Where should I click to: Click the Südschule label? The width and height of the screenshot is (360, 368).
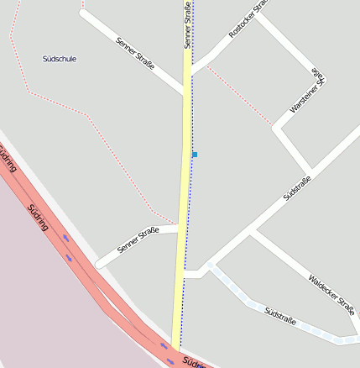(60, 59)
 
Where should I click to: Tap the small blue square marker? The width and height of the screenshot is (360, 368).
(195, 155)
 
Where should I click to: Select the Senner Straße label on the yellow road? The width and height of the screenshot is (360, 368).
(187, 26)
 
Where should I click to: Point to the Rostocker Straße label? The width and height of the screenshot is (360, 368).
(248, 19)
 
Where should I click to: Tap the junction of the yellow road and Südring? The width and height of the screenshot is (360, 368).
(175, 346)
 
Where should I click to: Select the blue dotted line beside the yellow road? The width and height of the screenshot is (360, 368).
(190, 210)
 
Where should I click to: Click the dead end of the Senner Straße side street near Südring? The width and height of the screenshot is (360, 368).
(99, 264)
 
